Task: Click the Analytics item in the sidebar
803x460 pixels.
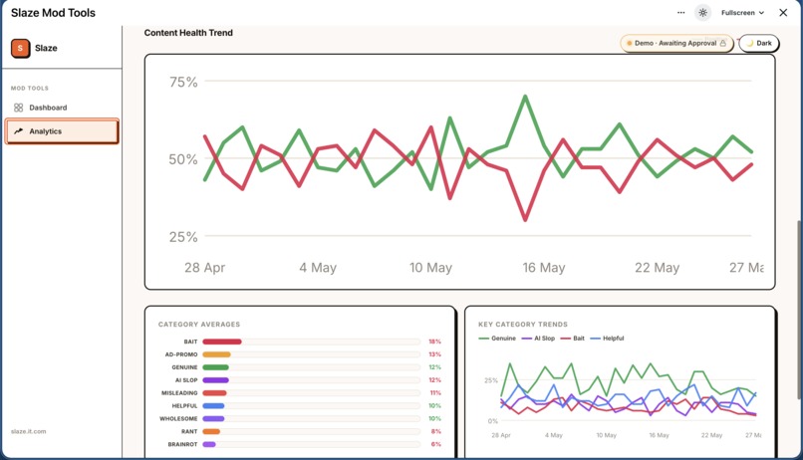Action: (x=62, y=131)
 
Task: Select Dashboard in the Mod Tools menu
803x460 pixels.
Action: (x=48, y=108)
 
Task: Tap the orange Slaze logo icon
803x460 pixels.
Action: (x=21, y=48)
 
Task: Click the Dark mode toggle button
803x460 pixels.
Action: (x=759, y=44)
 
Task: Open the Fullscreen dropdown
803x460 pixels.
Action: (x=742, y=13)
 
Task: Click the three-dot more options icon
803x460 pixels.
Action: (x=680, y=13)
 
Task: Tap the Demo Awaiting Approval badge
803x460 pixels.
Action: (x=676, y=44)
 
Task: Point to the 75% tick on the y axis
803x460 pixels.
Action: (x=183, y=82)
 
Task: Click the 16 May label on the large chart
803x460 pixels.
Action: (x=543, y=268)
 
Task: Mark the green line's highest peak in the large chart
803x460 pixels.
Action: (x=525, y=96)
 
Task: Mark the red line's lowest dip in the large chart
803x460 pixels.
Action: (x=525, y=220)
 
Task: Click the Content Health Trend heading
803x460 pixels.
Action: (x=188, y=33)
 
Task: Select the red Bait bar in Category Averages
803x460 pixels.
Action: (x=222, y=342)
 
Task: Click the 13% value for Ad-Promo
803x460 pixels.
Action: (x=434, y=354)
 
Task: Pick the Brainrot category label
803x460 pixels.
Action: (x=182, y=444)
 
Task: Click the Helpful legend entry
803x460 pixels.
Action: (x=608, y=339)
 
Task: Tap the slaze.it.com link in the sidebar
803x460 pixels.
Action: (x=28, y=431)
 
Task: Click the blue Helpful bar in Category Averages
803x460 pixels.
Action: (x=213, y=406)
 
